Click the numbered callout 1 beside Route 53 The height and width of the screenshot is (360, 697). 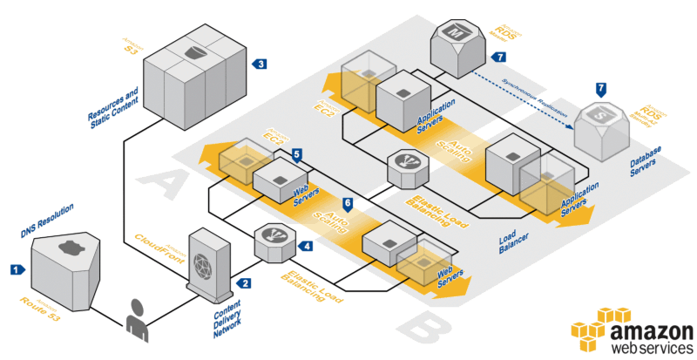(x=16, y=270)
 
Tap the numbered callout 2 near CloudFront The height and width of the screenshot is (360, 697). (x=247, y=283)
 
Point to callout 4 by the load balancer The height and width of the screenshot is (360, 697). (x=306, y=247)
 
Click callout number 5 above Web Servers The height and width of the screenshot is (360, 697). (x=297, y=154)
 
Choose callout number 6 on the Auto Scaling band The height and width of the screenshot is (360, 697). (x=348, y=204)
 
